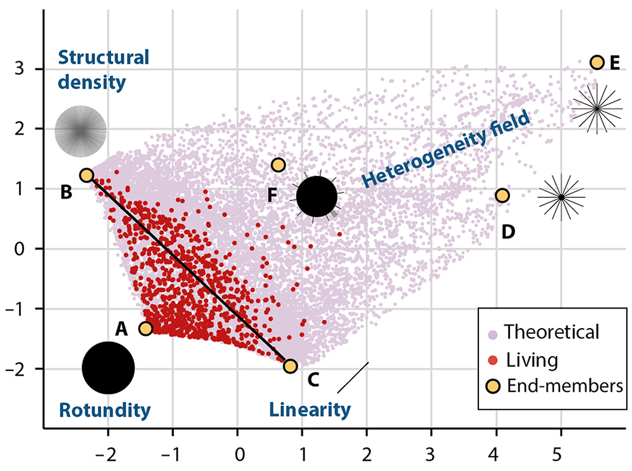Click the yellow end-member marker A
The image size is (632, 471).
(x=145, y=329)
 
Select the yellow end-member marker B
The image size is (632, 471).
(x=87, y=175)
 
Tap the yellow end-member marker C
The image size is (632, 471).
(x=290, y=366)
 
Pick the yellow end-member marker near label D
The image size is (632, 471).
(x=502, y=195)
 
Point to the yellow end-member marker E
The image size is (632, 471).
(x=597, y=63)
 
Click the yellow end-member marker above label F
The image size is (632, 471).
(x=279, y=165)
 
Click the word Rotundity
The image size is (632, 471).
(x=105, y=410)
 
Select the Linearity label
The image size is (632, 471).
(x=310, y=410)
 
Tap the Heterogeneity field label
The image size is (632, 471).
(x=446, y=149)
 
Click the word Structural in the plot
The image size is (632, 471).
(x=104, y=58)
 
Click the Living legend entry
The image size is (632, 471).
(x=523, y=360)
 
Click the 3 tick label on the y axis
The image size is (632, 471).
(x=20, y=69)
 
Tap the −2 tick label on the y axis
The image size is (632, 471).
(x=15, y=369)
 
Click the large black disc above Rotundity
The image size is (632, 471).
(x=108, y=368)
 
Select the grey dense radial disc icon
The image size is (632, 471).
(x=81, y=131)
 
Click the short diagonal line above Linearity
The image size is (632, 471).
(x=353, y=377)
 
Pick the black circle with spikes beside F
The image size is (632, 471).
(x=317, y=196)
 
